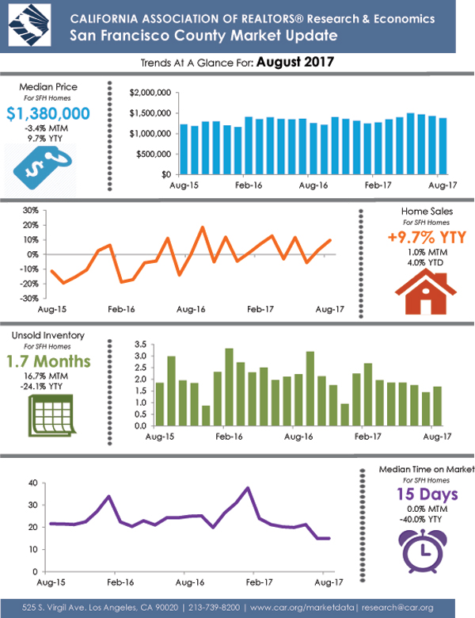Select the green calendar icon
(x=50, y=414)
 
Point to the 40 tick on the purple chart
(x=33, y=483)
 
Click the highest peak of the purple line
(x=249, y=488)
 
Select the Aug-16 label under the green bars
(x=295, y=437)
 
